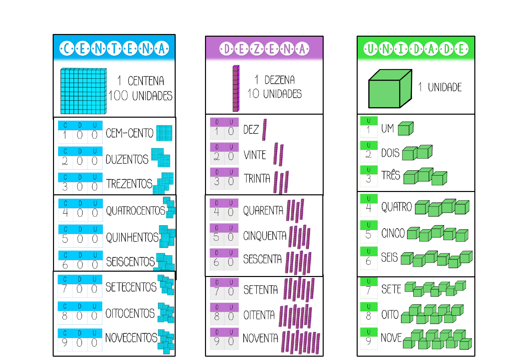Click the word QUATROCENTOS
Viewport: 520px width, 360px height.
[135, 211]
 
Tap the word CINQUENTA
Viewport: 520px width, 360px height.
[265, 236]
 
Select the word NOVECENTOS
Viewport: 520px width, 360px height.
[131, 338]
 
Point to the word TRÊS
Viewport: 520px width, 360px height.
[391, 175]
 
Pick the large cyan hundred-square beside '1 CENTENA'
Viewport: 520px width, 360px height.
[83, 91]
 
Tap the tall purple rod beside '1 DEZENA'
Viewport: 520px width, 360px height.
[236, 88]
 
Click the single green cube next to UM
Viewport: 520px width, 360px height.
[405, 128]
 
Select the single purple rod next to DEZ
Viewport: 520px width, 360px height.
[264, 130]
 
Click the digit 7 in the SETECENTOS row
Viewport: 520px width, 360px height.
[65, 289]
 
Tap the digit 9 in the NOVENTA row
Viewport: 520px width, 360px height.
[217, 341]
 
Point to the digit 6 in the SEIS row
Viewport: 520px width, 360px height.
[368, 261]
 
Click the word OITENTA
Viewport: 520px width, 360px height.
[259, 315]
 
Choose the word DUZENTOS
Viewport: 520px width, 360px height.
[127, 159]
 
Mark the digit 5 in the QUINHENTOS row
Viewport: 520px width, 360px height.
[65, 239]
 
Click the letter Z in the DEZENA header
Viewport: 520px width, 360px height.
[257, 49]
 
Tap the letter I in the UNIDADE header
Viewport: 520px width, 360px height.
[401, 49]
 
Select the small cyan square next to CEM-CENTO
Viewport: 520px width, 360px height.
[164, 133]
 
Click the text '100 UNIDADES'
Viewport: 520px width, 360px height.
[140, 96]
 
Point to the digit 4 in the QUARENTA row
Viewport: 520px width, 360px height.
[217, 212]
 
